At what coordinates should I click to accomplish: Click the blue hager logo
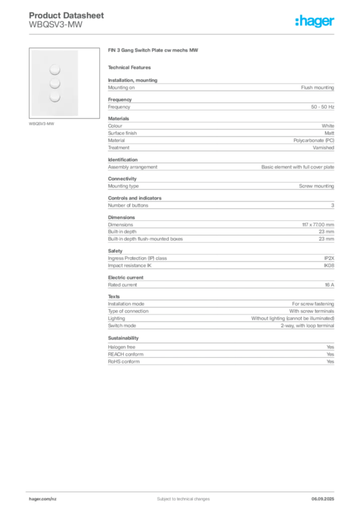point(315,22)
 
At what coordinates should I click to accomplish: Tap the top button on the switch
point(55,69)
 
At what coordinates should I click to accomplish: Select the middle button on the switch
point(55,83)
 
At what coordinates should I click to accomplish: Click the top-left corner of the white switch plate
point(31,50)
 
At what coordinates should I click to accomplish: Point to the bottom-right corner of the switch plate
point(79,116)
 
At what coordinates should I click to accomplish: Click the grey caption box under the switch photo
point(42,124)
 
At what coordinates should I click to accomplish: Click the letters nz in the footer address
point(54,498)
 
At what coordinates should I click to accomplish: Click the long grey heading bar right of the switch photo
point(153,51)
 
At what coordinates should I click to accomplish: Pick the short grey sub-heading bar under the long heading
point(131,67)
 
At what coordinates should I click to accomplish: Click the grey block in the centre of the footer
point(177,496)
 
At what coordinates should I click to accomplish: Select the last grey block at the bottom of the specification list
point(220,355)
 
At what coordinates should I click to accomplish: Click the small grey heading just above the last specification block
point(123,338)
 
